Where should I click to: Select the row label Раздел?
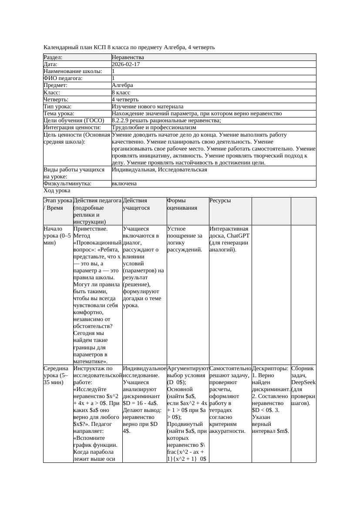pyautogui.click(x=53, y=57)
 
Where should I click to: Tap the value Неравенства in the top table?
pyautogui.click(x=128, y=57)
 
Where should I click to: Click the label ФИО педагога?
pyautogui.click(x=64, y=78)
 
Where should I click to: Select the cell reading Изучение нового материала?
pyautogui.click(x=148, y=107)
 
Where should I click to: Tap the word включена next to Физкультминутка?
pyautogui.click(x=124, y=184)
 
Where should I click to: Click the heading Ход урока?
pyautogui.click(x=57, y=191)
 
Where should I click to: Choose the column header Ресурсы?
pyautogui.click(x=220, y=201)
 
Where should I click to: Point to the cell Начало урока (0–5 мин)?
pyautogui.click(x=57, y=235)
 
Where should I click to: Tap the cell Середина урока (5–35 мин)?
pyautogui.click(x=57, y=375)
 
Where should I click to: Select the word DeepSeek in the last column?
pyautogui.click(x=303, y=382)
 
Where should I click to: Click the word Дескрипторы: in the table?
pyautogui.click(x=270, y=368)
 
